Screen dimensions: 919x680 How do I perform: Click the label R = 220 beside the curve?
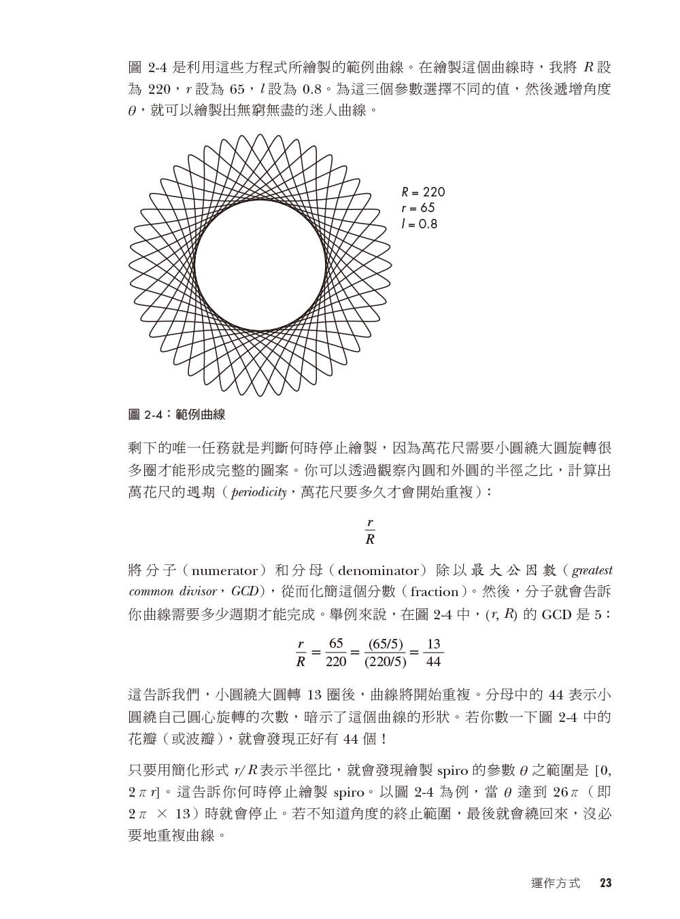(423, 192)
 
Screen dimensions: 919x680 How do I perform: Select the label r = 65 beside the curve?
(418, 208)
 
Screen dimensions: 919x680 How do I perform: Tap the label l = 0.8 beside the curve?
(420, 224)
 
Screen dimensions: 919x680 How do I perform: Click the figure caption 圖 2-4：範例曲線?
(177, 414)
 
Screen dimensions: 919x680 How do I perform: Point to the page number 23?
(605, 884)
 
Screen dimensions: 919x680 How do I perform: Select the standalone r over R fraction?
(370, 531)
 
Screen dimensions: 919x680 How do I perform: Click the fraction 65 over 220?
(337, 652)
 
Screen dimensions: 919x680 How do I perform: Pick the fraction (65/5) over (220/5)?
(386, 652)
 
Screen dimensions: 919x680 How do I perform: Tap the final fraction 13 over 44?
(433, 652)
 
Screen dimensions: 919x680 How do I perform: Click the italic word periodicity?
(258, 492)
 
